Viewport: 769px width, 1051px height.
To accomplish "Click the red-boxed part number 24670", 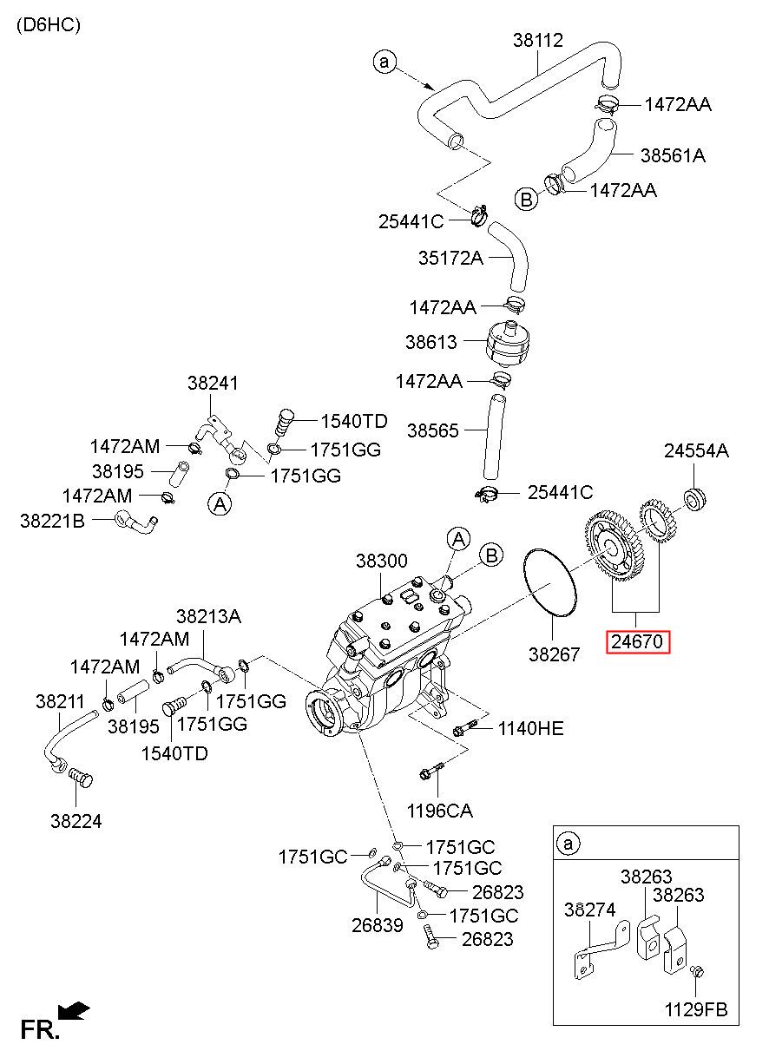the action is point(637,641).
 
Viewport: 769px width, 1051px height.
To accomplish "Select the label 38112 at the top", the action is point(537,40).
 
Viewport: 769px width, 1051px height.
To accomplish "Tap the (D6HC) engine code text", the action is point(49,24).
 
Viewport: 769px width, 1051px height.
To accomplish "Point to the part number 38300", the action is point(381,561).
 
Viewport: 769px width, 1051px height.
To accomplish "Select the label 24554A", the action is point(696,451).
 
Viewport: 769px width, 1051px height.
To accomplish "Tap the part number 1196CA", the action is point(440,811).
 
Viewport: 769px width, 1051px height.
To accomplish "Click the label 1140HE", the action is point(530,728).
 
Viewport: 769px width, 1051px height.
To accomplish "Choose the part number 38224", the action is point(76,821).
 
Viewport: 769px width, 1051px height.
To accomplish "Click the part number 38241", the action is point(213,383).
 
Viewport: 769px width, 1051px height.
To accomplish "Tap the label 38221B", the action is point(52,521).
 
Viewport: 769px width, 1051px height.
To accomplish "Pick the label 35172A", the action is point(450,258).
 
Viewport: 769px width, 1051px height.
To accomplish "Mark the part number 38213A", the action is point(209,616).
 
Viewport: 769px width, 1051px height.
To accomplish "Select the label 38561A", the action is point(673,154).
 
